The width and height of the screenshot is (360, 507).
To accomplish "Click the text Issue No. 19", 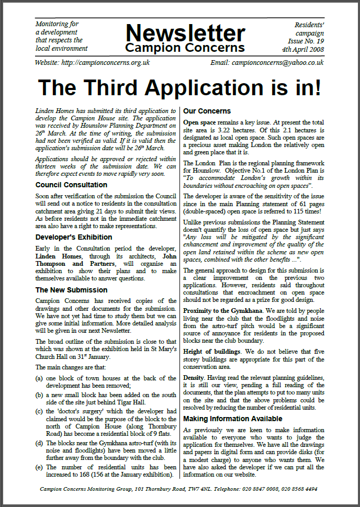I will [306, 41].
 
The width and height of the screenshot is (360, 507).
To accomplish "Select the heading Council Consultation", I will [71, 185].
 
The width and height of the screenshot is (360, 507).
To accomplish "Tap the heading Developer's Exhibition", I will [74, 237].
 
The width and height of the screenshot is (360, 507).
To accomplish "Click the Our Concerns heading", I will [207, 111].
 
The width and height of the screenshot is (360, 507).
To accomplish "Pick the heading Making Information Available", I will [232, 419].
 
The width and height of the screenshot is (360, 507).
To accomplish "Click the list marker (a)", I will [39, 378].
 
